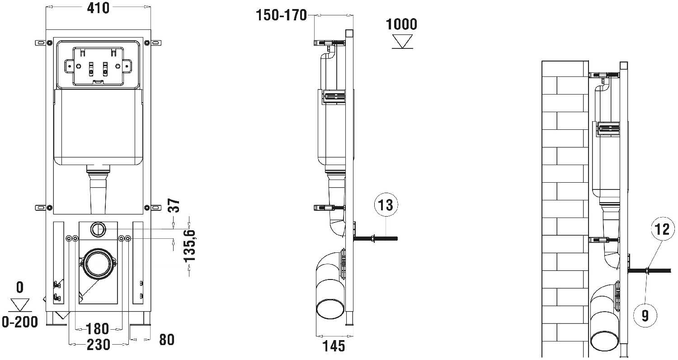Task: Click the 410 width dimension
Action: click(x=98, y=8)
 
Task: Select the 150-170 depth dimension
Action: click(x=282, y=15)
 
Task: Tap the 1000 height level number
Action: click(x=401, y=24)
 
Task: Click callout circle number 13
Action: click(x=386, y=205)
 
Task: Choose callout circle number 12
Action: click(x=662, y=229)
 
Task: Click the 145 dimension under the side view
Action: click(x=334, y=346)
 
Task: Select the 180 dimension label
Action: click(x=98, y=329)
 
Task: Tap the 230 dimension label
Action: click(x=99, y=345)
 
